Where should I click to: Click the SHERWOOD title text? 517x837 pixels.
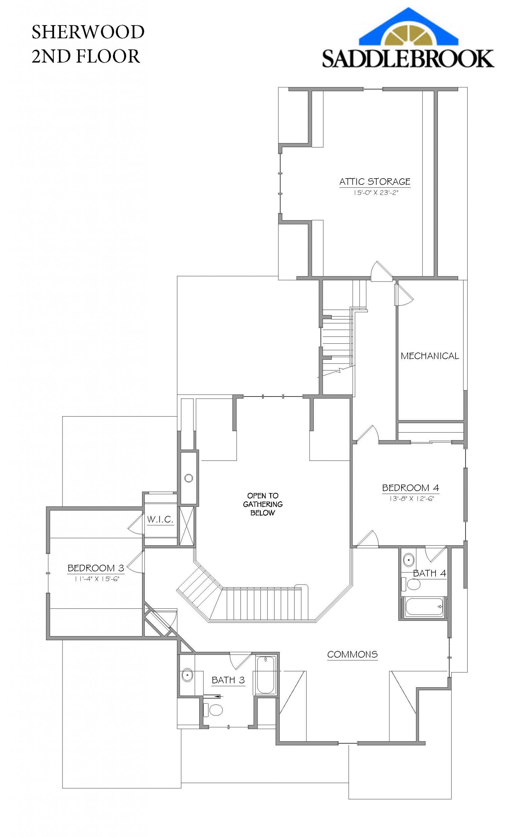coord(88,32)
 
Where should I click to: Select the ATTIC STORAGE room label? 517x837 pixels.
coord(375,181)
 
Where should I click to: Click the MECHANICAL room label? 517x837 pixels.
coord(429,356)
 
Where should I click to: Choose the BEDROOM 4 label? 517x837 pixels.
coord(410,488)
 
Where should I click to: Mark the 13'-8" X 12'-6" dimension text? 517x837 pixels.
coord(411,499)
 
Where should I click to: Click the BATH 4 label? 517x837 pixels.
coord(429,573)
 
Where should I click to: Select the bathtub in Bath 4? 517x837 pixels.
coord(424,606)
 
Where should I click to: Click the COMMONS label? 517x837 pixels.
coord(352,655)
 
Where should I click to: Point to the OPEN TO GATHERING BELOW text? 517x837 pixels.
coord(263,504)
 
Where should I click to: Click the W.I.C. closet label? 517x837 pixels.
coord(160,520)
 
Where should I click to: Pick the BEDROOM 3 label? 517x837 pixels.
coord(96,568)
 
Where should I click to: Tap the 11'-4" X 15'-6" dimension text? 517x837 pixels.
coord(97,579)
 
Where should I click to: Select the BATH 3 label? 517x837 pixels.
coord(228,680)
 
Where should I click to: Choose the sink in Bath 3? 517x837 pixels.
coord(187,675)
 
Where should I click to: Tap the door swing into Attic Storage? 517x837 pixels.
coord(380,272)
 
